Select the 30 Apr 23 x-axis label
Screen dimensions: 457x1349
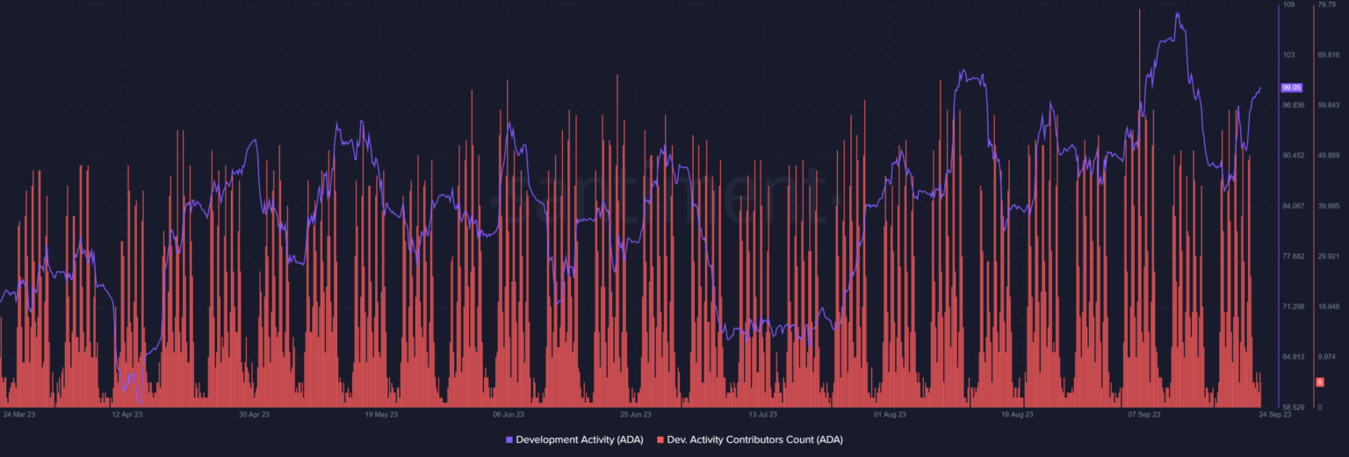tap(254, 414)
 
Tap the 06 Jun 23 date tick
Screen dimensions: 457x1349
tap(509, 414)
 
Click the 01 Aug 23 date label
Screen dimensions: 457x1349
tap(890, 414)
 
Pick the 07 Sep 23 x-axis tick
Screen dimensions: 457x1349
tap(1144, 414)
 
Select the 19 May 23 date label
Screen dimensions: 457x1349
tap(381, 414)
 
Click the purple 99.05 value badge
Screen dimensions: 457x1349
tap(1291, 88)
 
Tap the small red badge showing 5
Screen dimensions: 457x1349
tap(1319, 382)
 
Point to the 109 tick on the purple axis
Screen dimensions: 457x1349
tap(1288, 5)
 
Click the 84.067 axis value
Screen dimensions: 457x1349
tap(1293, 207)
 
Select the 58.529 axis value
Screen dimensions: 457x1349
tap(1293, 408)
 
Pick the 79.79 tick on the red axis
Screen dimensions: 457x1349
tap(1326, 5)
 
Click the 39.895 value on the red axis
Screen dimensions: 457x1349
tap(1328, 207)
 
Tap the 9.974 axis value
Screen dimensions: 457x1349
tap(1327, 357)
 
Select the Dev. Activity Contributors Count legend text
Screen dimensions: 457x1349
tap(754, 439)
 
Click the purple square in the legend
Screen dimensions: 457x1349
tap(509, 439)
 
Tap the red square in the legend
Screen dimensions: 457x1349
tap(660, 439)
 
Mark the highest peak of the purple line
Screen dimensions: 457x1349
tap(1176, 13)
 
